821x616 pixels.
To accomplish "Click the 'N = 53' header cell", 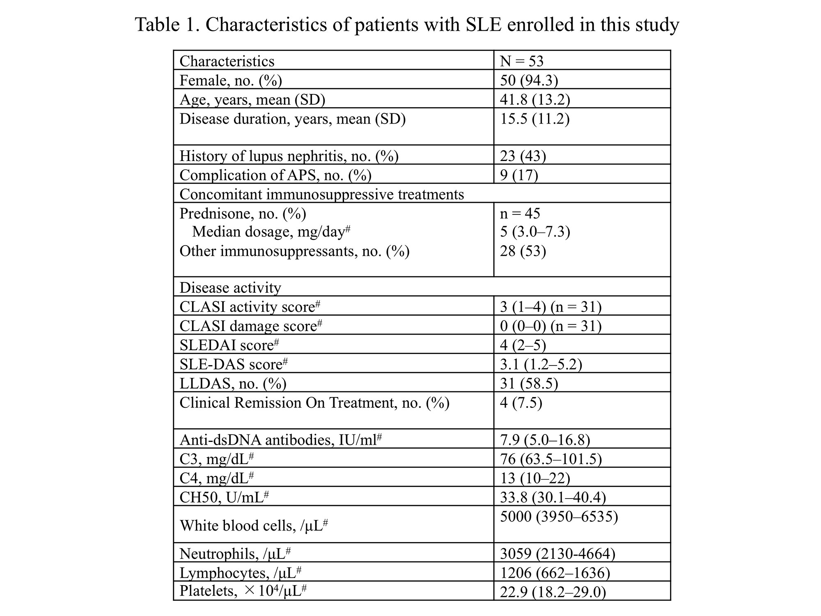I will click(x=521, y=61).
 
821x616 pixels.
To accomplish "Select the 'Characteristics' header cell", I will click(x=227, y=61).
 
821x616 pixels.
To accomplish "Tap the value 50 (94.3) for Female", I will click(x=529, y=80).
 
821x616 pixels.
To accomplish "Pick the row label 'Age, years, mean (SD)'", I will click(x=252, y=99).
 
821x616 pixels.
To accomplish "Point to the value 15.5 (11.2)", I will click(x=534, y=119).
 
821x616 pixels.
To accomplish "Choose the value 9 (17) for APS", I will click(x=519, y=175).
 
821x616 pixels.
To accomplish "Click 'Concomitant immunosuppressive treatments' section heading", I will click(x=321, y=194).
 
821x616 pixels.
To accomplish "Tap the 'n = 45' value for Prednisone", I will click(x=520, y=213).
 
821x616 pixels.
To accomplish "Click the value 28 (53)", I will click(x=523, y=251).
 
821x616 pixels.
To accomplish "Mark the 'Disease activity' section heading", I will click(x=230, y=287).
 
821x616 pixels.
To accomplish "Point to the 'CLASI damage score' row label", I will click(x=250, y=326).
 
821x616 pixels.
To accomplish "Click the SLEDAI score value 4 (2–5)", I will click(x=523, y=345).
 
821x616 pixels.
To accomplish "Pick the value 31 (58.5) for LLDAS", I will click(x=529, y=383).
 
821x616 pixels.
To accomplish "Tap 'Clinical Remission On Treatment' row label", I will click(x=314, y=403).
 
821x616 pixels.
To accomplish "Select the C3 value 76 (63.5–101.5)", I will click(x=550, y=459).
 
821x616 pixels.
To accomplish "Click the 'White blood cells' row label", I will click(x=253, y=525).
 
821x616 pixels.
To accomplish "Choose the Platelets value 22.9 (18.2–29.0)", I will click(x=553, y=592).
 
